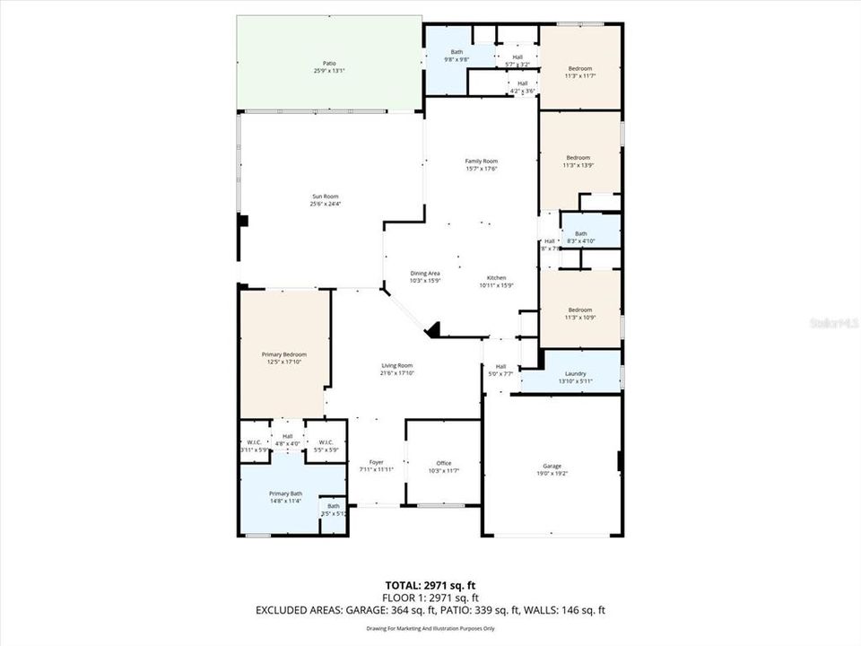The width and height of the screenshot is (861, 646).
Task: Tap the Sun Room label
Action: coord(325,200)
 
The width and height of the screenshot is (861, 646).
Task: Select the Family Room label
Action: coord(482,165)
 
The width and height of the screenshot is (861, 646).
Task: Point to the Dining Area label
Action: coord(425,277)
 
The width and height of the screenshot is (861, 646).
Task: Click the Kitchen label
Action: coord(497,282)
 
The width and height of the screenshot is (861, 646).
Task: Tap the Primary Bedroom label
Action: coord(284,358)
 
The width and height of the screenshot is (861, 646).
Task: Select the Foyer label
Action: coord(377,466)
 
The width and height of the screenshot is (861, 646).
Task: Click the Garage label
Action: coord(552,469)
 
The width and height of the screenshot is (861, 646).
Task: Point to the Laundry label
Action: coord(575,377)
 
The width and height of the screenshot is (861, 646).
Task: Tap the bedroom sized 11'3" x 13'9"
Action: coord(578,161)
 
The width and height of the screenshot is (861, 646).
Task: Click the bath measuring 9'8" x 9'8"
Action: coord(457,57)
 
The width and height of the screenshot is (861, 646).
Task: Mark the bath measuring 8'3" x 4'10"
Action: coord(580,237)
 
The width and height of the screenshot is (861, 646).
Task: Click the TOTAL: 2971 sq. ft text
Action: coord(430,585)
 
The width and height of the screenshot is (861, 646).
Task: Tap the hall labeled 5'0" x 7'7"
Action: coord(500,370)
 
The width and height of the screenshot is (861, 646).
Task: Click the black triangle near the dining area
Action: coord(434,331)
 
